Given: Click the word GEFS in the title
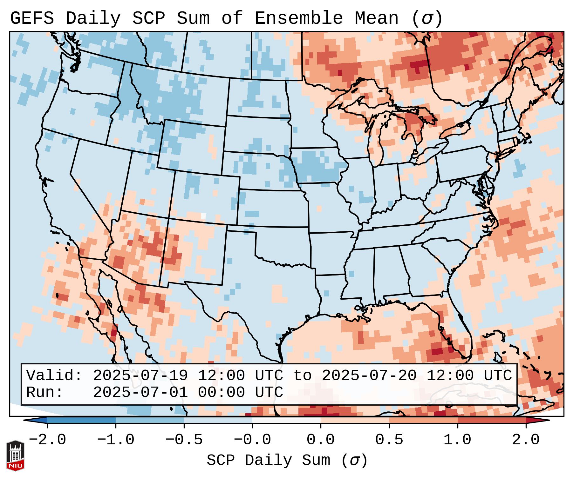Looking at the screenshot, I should tap(32, 18).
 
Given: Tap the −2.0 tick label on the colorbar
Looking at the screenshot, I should tap(47, 440).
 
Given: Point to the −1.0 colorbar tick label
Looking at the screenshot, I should tap(116, 440).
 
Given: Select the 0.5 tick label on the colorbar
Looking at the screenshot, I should tap(389, 440).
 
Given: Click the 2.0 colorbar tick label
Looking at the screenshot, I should tap(526, 440).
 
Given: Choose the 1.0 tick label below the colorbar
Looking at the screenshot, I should tap(457, 440).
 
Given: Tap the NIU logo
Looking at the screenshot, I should tap(15, 455).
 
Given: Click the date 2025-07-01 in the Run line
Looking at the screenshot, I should tap(140, 392).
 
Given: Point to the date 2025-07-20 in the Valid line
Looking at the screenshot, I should tap(369, 375).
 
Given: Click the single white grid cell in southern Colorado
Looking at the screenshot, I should tap(203, 216).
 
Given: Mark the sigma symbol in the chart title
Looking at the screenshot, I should tap(426, 18).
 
